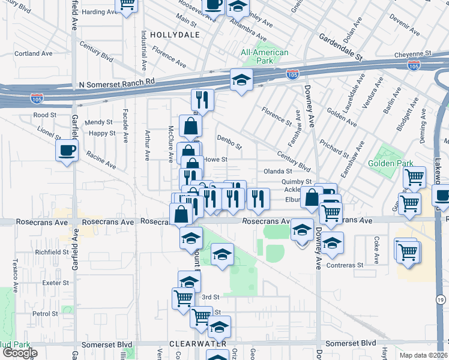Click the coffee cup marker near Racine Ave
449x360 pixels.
[x=67, y=151]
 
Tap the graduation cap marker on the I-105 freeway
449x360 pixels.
[x=241, y=80]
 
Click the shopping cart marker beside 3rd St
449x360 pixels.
[x=183, y=298]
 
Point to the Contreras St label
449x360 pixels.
[x=345, y=265]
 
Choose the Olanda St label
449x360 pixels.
[x=278, y=172]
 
